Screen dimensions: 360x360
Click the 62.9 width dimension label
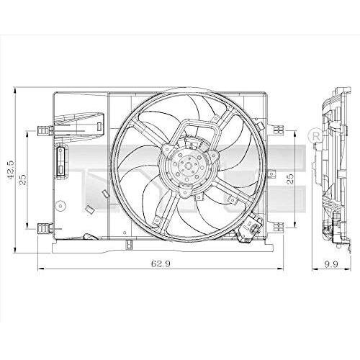[x=161, y=264]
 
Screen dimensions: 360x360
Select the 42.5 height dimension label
[x=11, y=170]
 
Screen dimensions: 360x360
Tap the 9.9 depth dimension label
[x=331, y=264]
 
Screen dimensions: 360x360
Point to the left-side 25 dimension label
[x=23, y=179]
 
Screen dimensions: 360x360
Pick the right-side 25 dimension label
[x=290, y=179]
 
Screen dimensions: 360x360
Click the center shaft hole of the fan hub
[x=189, y=166]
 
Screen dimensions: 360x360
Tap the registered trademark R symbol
[x=316, y=137]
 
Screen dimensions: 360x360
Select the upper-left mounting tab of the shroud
[x=45, y=131]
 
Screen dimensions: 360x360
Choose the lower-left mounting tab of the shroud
[x=45, y=228]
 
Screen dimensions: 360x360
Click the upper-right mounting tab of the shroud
[x=279, y=130]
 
